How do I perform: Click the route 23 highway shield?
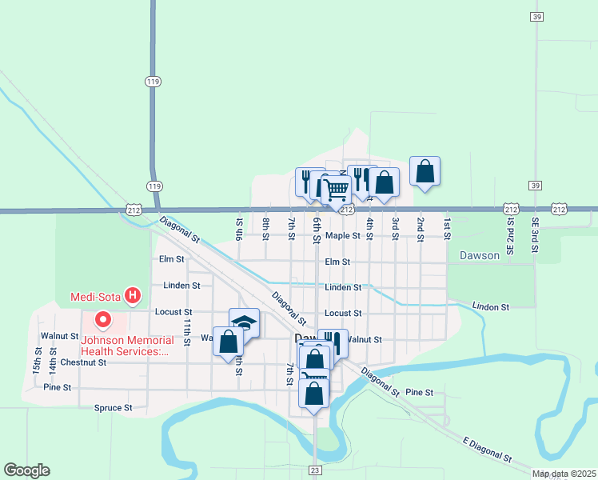pos(315,470)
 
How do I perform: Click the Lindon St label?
pos(491,306)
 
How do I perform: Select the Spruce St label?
pos(113,408)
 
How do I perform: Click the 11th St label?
pos(186,331)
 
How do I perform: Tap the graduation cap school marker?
pos(244,322)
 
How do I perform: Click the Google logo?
pos(26,470)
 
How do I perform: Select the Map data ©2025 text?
pos(564,474)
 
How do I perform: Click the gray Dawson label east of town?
pos(479,256)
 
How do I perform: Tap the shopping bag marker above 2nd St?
pos(425,170)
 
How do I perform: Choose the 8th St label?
pos(265,227)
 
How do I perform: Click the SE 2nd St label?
pos(510,231)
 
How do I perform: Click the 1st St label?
pos(447,227)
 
